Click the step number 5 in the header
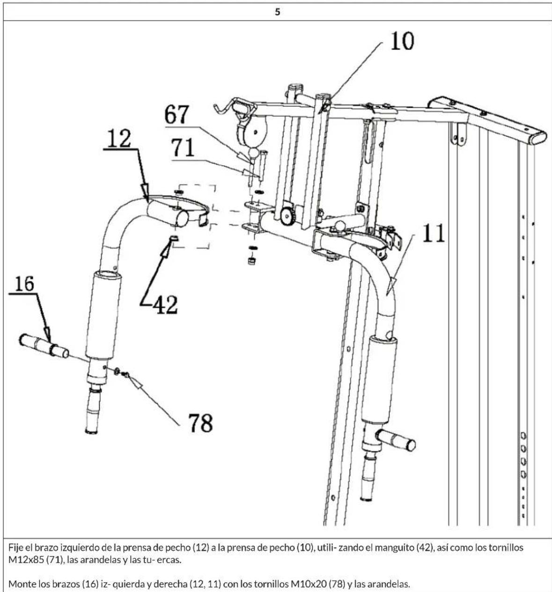click(277, 12)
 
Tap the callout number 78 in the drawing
click(200, 423)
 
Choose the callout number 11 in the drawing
click(434, 233)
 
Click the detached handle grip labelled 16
click(43, 345)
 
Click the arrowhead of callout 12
click(146, 197)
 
